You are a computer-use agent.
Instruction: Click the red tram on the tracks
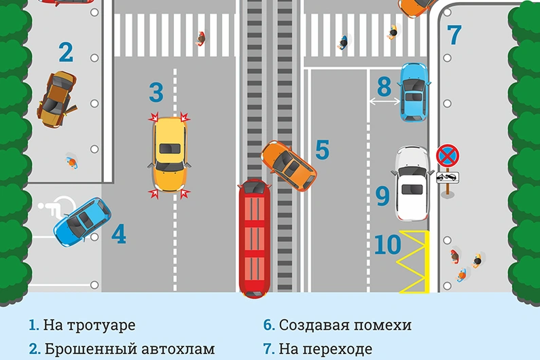pyautogui.click(x=255, y=238)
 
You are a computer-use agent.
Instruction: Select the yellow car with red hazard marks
pyautogui.click(x=170, y=155)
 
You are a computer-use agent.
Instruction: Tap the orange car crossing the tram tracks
pyautogui.click(x=289, y=166)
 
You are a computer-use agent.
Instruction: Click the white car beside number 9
pyautogui.click(x=412, y=183)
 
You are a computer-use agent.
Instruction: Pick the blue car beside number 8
pyautogui.click(x=414, y=92)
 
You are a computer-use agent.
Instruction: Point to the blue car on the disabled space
pyautogui.click(x=82, y=222)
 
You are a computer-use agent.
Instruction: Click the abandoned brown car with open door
pyautogui.click(x=57, y=100)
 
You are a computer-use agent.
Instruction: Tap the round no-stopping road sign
pyautogui.click(x=448, y=156)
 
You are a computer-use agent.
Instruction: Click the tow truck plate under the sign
pyautogui.click(x=448, y=177)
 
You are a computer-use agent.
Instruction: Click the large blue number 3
pyautogui.click(x=156, y=92)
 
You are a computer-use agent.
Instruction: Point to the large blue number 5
pyautogui.click(x=323, y=149)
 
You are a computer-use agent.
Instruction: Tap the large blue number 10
pyautogui.click(x=387, y=245)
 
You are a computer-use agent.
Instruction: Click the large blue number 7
pyautogui.click(x=454, y=35)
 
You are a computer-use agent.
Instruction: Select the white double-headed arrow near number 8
pyautogui.click(x=384, y=101)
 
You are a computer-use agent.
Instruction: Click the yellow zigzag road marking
pyautogui.click(x=415, y=262)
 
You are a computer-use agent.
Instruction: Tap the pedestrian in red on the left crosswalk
pyautogui.click(x=201, y=39)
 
